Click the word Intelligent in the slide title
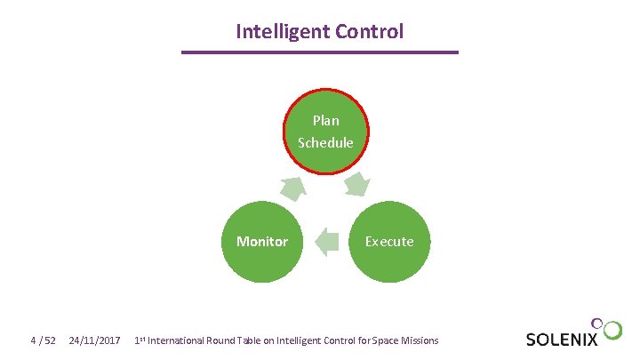pyautogui.click(x=282, y=32)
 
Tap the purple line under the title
pyautogui.click(x=320, y=52)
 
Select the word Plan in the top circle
pyautogui.click(x=325, y=120)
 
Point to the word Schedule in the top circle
pyautogui.click(x=325, y=142)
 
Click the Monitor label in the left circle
pyautogui.click(x=262, y=241)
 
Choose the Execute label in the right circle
pyautogui.click(x=389, y=241)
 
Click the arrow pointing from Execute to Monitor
pyautogui.click(x=327, y=242)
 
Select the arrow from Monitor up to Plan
pyautogui.click(x=292, y=187)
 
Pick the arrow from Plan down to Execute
pyautogui.click(x=357, y=185)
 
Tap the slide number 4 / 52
pyautogui.click(x=43, y=340)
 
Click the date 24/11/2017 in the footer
pyautogui.click(x=95, y=340)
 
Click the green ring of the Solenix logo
pyautogui.click(x=612, y=331)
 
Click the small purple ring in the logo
pyautogui.click(x=599, y=322)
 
